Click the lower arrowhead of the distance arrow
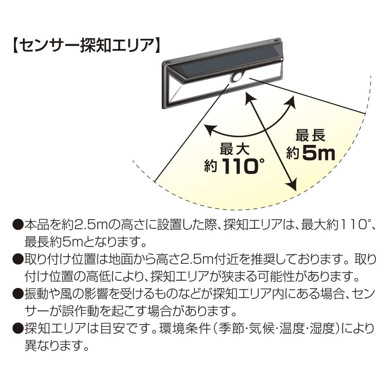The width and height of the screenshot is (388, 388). click(x=291, y=185)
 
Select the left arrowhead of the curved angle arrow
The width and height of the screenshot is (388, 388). click(x=209, y=130)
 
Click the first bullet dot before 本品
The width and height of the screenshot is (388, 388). click(x=17, y=226)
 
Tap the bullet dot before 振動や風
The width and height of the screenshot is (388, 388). click(x=17, y=294)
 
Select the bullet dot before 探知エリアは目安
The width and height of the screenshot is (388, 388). click(x=17, y=329)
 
